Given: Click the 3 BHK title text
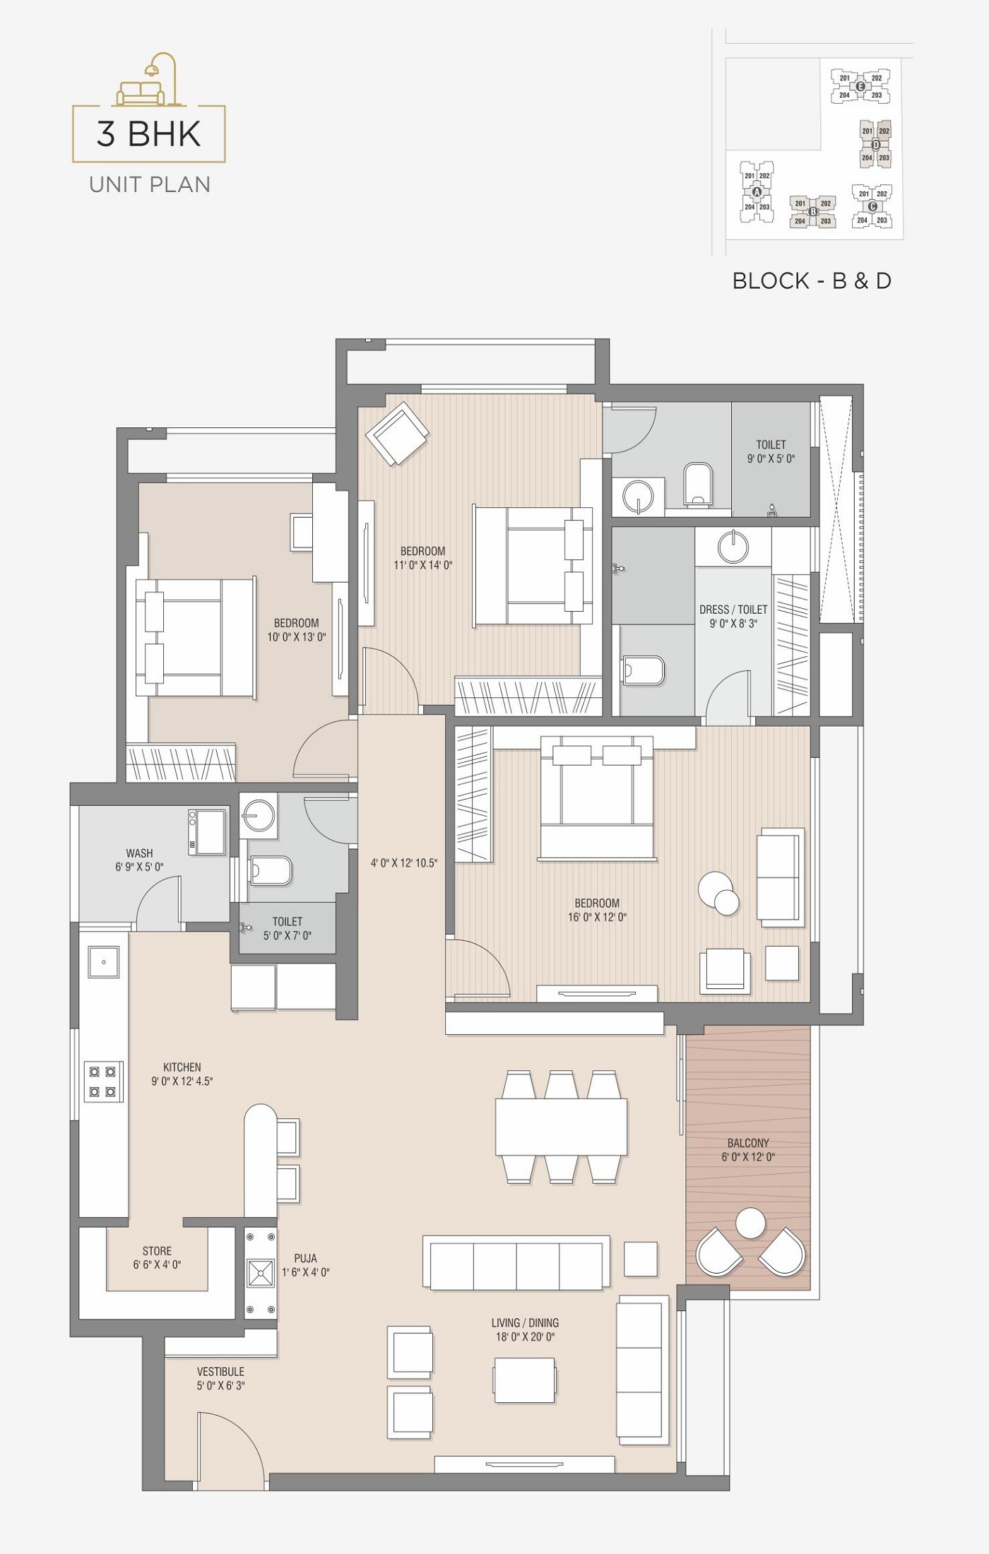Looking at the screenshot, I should (149, 134).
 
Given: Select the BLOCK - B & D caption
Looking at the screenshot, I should (812, 281).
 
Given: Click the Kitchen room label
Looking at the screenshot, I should (182, 1067).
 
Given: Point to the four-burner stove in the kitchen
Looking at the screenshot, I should (102, 1081).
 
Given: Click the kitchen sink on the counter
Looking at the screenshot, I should (103, 962).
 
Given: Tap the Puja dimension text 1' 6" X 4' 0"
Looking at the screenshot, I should (305, 1272).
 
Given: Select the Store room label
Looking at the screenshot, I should (157, 1251).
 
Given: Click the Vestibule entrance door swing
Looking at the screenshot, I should (226, 1441).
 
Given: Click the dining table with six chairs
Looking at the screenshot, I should (561, 1127).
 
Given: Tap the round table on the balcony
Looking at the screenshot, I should (750, 1223).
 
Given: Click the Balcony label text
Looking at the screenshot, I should (748, 1143).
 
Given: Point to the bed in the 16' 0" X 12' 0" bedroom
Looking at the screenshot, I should (596, 797).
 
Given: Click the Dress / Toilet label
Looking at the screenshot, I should (733, 610).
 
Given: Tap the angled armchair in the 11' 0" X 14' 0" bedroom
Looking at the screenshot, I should (397, 433).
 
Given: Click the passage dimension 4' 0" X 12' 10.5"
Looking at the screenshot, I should (404, 862).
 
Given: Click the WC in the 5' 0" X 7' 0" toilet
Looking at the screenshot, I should (270, 871).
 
